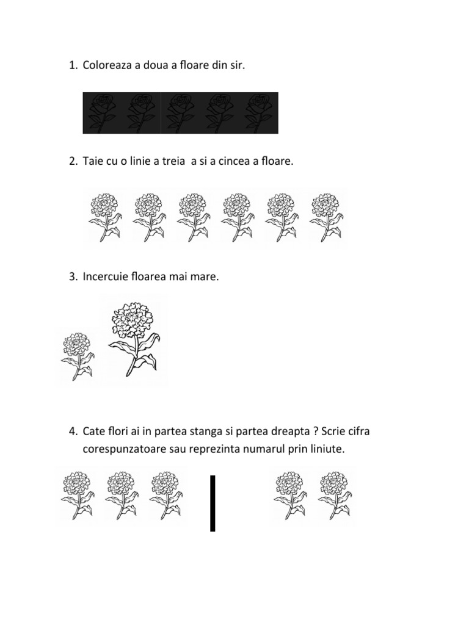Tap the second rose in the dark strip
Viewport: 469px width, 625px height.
(x=141, y=113)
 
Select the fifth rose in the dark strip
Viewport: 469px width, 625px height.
(x=258, y=113)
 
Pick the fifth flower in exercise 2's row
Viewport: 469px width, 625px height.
(x=282, y=217)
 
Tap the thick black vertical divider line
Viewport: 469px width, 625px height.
(x=213, y=503)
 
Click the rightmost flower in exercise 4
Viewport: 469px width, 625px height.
(x=335, y=496)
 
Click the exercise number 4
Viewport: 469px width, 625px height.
(x=73, y=431)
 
